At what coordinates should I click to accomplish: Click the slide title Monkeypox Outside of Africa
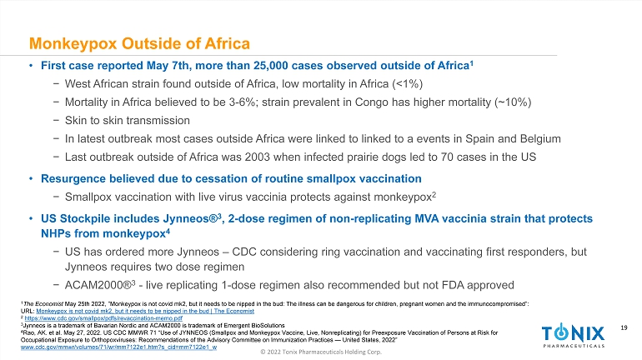[139, 42]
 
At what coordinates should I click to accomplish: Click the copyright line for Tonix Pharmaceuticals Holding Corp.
[320, 353]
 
